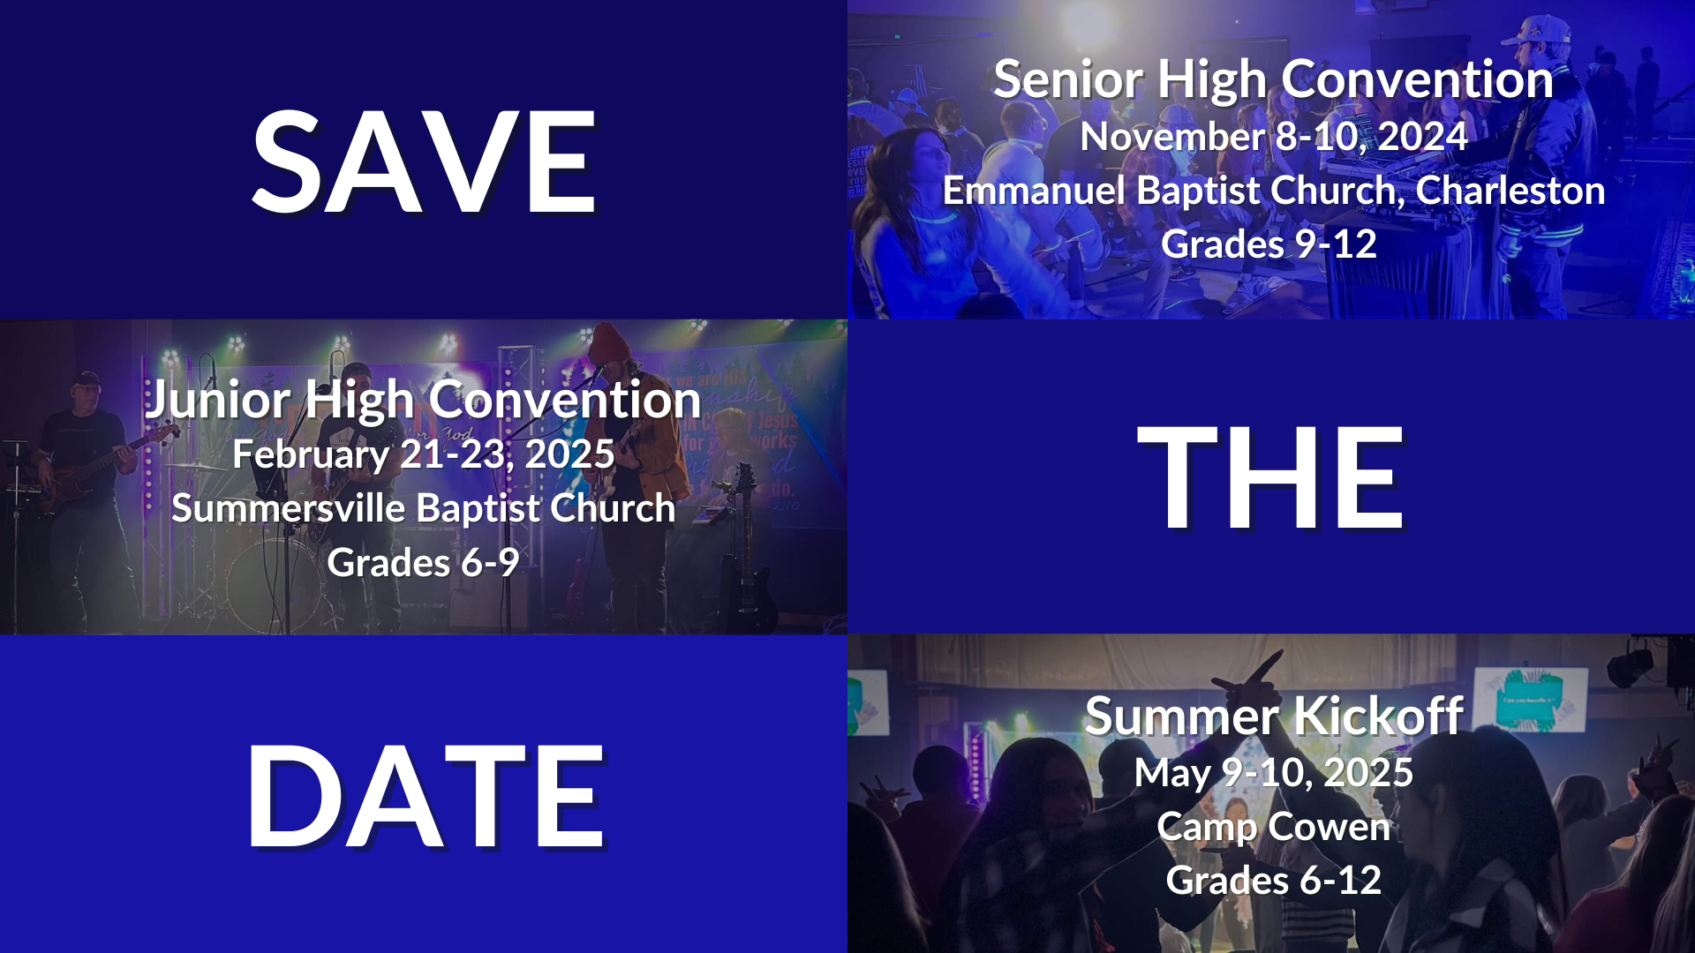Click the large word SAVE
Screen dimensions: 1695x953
(424, 162)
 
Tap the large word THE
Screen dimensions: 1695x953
(1270, 477)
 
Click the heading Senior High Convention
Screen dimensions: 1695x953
(1273, 79)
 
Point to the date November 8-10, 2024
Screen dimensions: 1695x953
(1273, 137)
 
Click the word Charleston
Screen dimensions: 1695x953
(1510, 191)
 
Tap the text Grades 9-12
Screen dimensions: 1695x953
(1269, 244)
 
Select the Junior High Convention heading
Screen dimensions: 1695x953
(424, 400)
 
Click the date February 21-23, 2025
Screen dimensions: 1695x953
(424, 455)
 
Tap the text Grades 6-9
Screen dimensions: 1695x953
(424, 563)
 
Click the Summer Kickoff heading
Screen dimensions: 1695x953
(1273, 716)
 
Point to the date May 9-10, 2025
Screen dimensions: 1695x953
(1273, 774)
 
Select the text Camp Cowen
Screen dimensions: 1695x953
(1273, 827)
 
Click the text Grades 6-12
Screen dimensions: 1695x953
(1273, 881)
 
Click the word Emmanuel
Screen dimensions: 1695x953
(1034, 191)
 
